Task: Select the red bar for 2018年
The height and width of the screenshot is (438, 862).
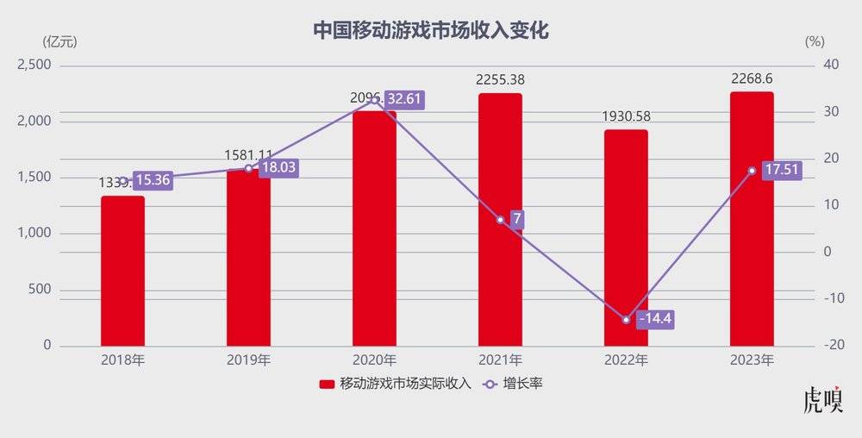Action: coord(122,272)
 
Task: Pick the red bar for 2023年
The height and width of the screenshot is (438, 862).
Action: coord(752,219)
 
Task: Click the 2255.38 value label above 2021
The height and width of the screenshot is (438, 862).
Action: coord(500,79)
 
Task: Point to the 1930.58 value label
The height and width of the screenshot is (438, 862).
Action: coord(626,116)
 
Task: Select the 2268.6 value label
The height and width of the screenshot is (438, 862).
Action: coord(752,78)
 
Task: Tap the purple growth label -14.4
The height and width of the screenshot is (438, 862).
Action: coord(654,320)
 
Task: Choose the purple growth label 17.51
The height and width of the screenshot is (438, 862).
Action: coord(781,170)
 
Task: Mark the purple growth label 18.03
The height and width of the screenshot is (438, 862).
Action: coord(278,167)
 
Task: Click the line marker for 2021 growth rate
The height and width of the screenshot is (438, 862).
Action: coord(500,220)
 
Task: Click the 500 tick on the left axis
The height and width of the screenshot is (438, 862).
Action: coord(41,290)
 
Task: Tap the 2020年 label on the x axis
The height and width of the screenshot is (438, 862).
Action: coord(374,360)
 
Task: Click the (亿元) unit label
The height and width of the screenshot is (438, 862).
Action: coord(59,41)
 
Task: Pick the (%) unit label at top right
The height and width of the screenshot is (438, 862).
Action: coord(814,41)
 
